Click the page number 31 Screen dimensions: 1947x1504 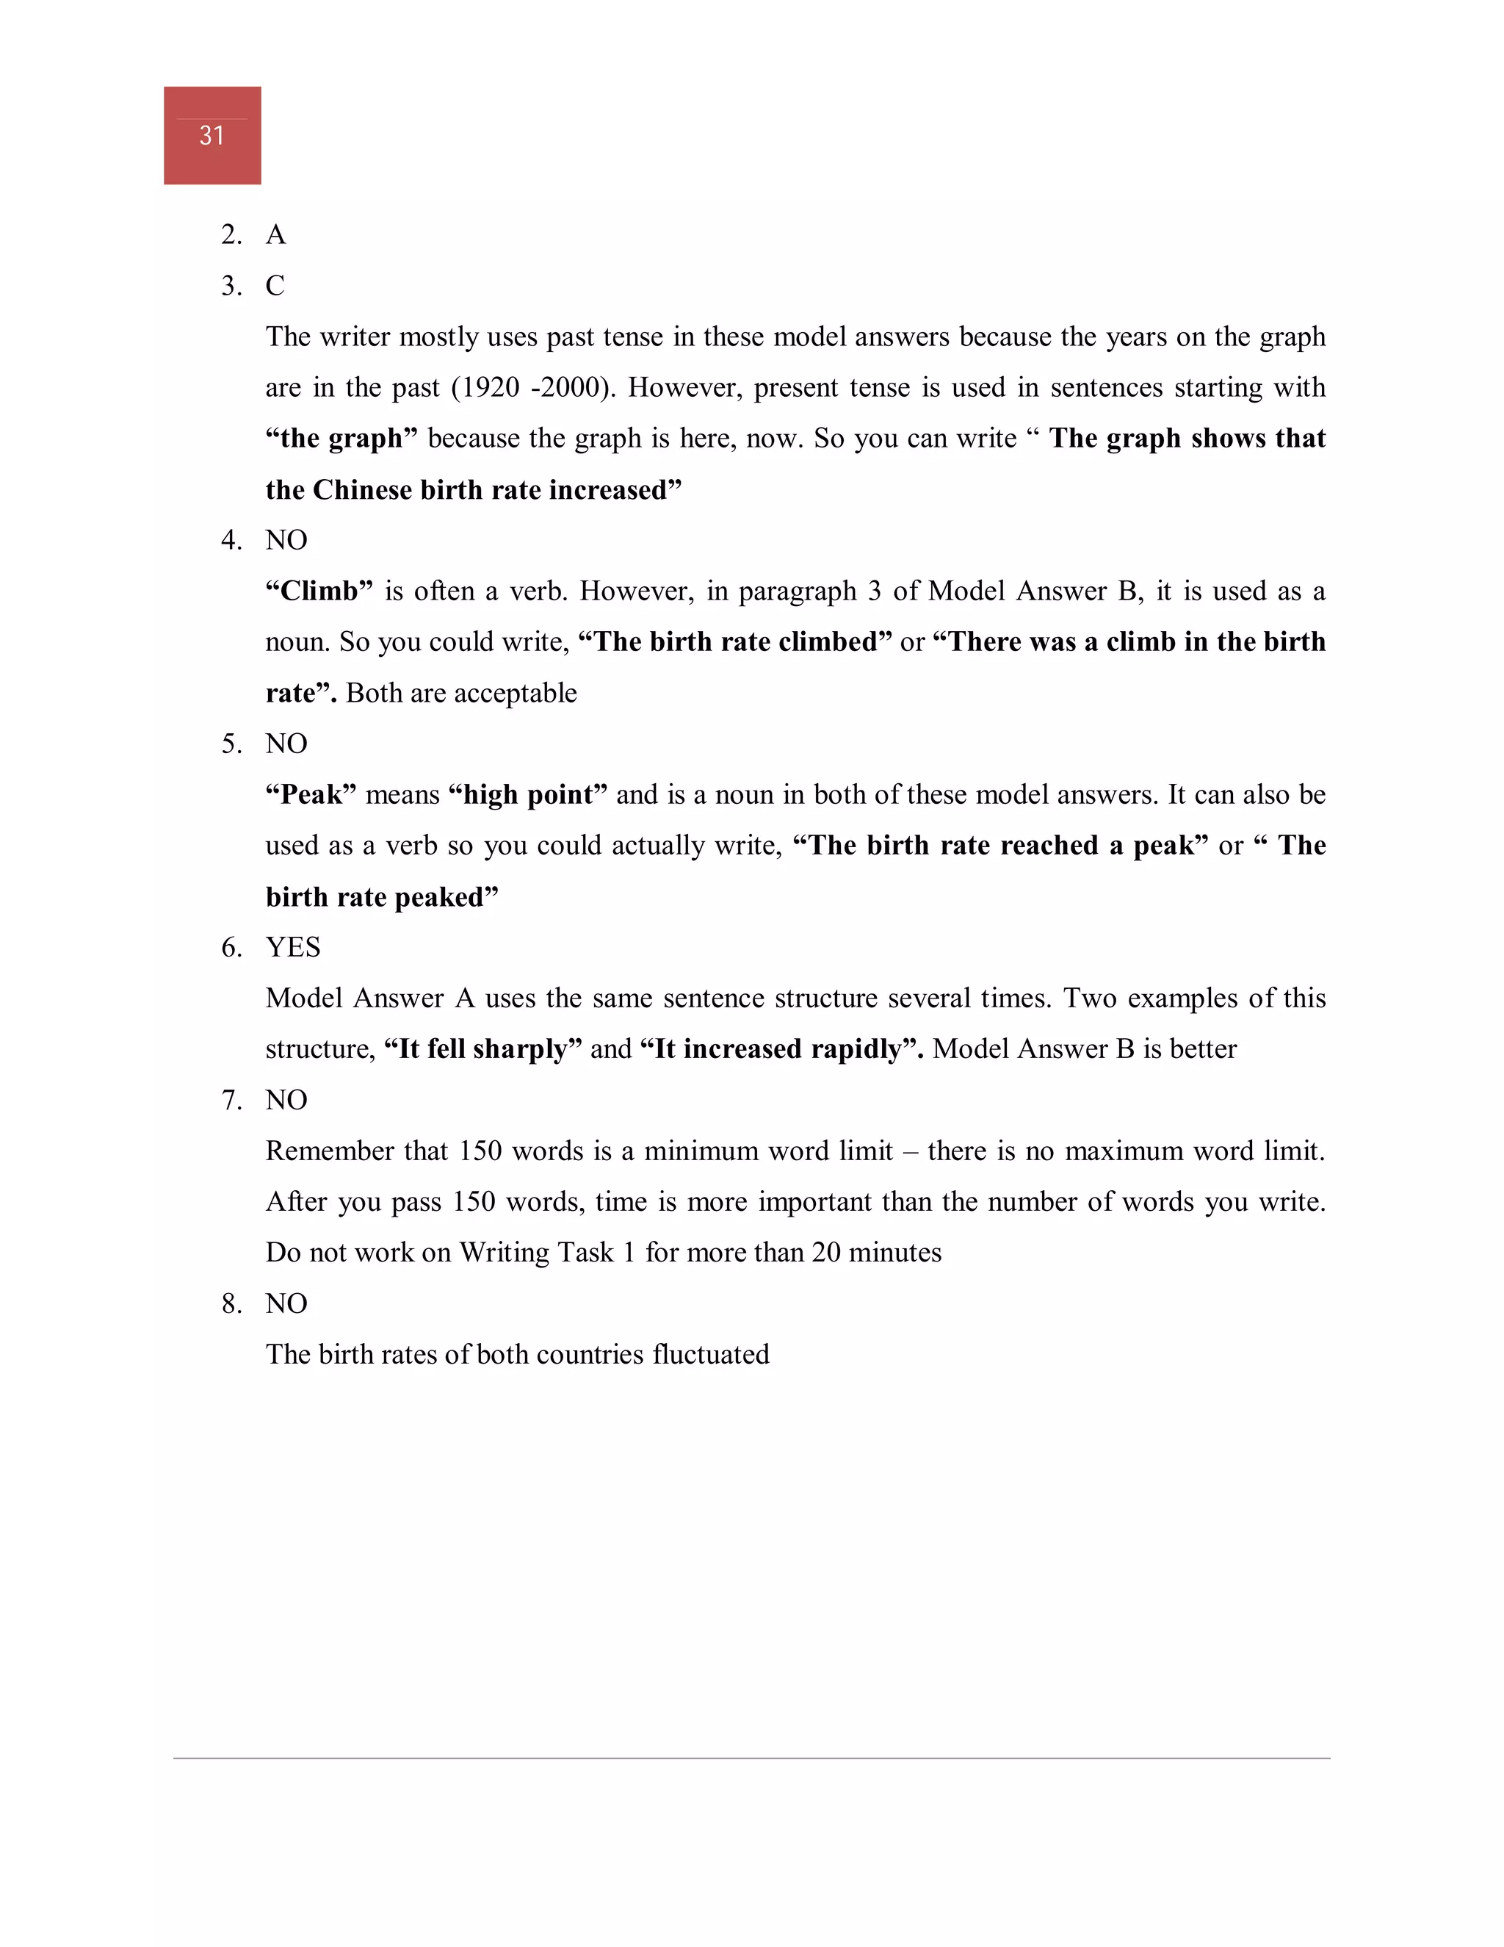[211, 135]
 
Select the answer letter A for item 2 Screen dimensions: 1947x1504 [275, 234]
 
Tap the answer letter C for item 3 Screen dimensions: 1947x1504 [275, 285]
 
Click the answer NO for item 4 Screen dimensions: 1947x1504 [286, 540]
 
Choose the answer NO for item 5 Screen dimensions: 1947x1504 [286, 744]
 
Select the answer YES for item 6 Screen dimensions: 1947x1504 [292, 947]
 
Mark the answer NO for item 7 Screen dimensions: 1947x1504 [286, 1100]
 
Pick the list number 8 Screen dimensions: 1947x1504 [231, 1303]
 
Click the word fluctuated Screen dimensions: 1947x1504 [710, 1354]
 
